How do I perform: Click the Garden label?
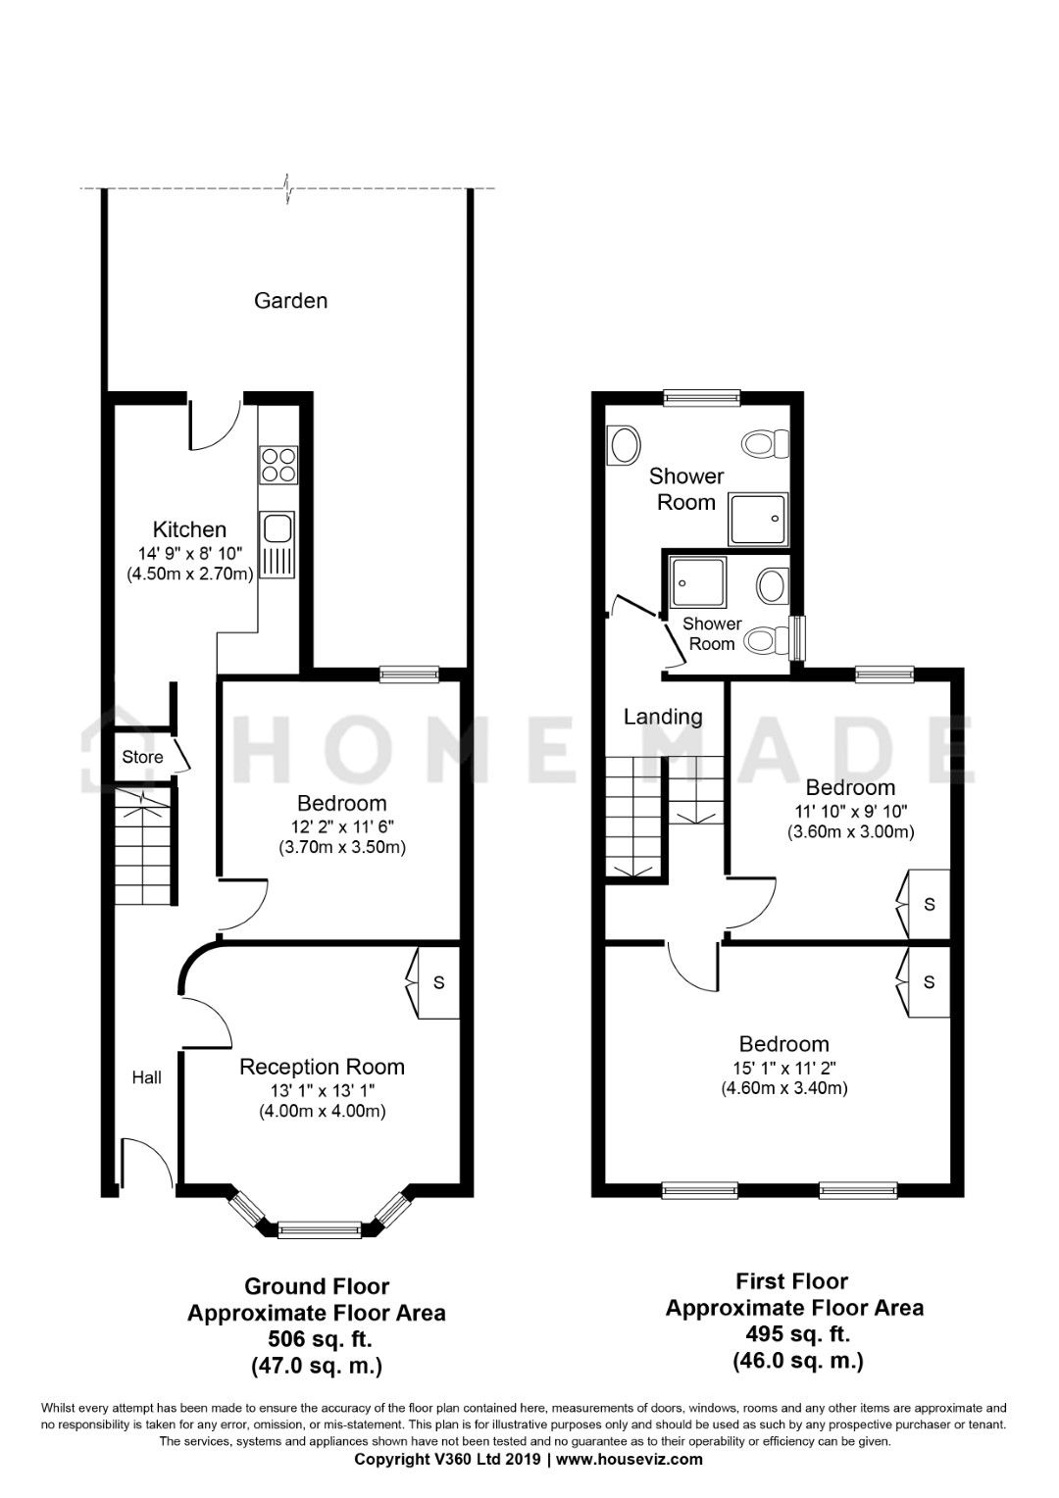290,301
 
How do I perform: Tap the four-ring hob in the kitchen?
277,465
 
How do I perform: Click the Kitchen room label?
189,530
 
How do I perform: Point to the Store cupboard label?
142,757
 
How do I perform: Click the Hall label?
147,1077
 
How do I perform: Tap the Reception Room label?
322,1067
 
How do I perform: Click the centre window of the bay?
319,1226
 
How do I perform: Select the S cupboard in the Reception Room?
438,982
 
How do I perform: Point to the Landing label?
663,717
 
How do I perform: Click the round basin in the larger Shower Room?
623,445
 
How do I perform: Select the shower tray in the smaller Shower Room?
697,586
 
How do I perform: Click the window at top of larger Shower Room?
701,397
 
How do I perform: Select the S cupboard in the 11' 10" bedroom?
929,904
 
